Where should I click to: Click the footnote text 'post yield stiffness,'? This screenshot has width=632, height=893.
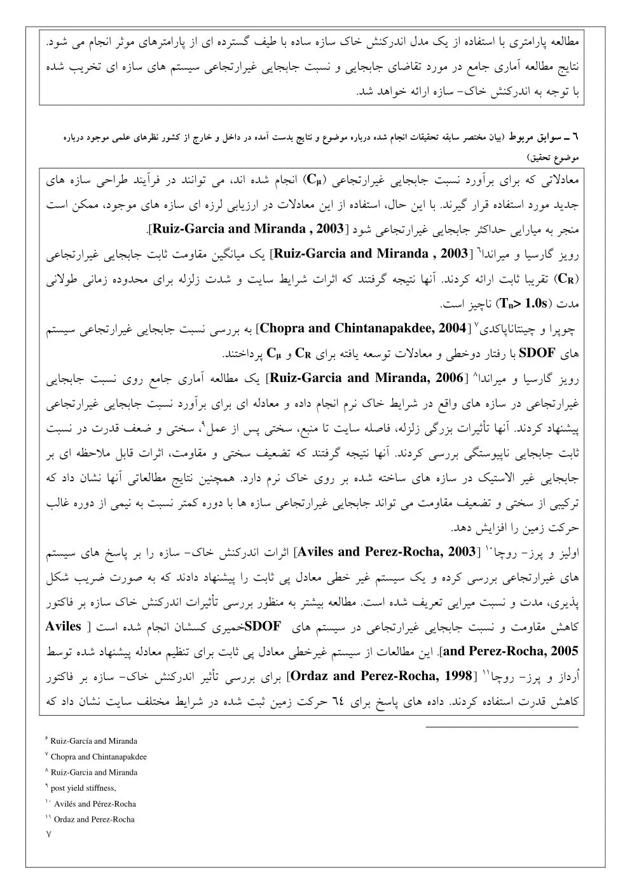click(83, 788)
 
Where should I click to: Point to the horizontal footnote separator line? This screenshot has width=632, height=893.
click(502, 726)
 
